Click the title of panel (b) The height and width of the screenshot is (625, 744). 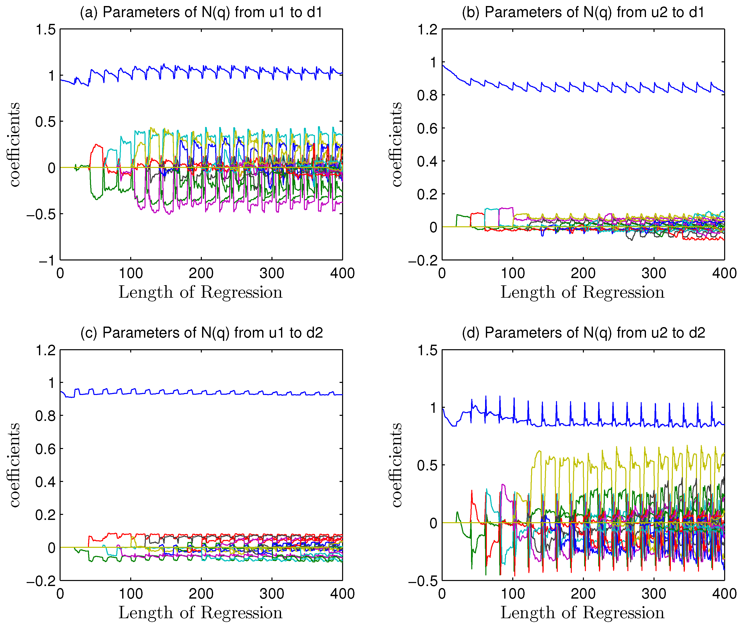pos(583,12)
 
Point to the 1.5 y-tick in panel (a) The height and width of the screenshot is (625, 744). pos(45,30)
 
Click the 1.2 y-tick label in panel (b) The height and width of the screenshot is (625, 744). pos(427,30)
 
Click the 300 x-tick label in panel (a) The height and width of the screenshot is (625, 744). pos(272,274)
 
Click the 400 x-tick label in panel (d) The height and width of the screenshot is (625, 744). pos(724,594)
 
